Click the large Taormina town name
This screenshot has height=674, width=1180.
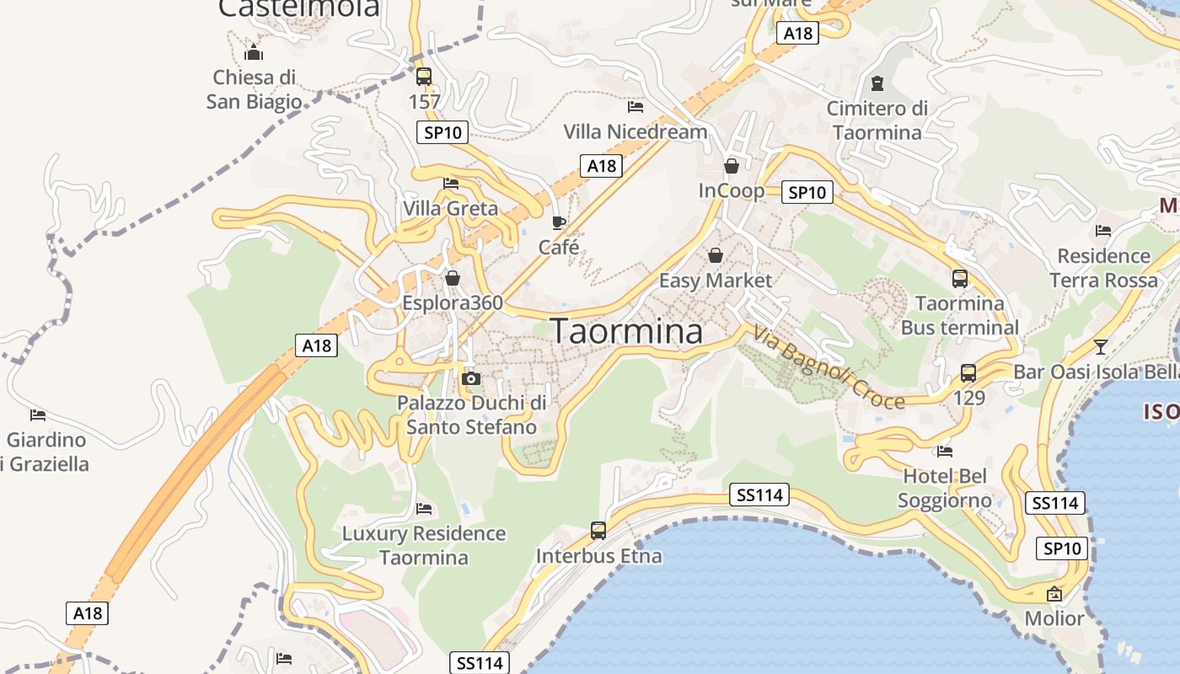pos(626,331)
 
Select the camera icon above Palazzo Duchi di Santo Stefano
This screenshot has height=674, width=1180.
pos(471,378)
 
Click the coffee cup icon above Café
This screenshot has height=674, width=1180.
pos(558,222)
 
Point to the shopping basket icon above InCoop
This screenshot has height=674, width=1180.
pos(731,166)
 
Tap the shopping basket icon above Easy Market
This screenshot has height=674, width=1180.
pos(716,254)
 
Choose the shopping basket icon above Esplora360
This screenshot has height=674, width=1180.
pos(453,277)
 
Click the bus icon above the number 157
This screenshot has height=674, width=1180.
pos(424,77)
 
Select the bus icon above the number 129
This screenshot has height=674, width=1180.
pos(968,372)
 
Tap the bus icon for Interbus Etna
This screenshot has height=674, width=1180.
pos(598,531)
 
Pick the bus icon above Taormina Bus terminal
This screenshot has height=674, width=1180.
pos(959,278)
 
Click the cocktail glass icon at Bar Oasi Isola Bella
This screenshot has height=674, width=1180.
pos(1100,346)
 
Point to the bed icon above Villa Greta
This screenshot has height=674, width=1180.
pos(451,183)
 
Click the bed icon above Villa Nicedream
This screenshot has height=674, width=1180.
pos(636,107)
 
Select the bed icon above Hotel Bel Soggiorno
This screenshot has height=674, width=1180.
pos(944,452)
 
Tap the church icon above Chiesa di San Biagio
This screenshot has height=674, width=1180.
pos(254,52)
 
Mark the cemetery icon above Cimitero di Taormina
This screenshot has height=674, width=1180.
pos(877,83)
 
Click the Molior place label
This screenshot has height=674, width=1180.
pos(1054,618)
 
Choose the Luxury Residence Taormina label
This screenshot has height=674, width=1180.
pos(423,545)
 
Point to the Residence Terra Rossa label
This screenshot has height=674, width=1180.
pos(1103,267)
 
